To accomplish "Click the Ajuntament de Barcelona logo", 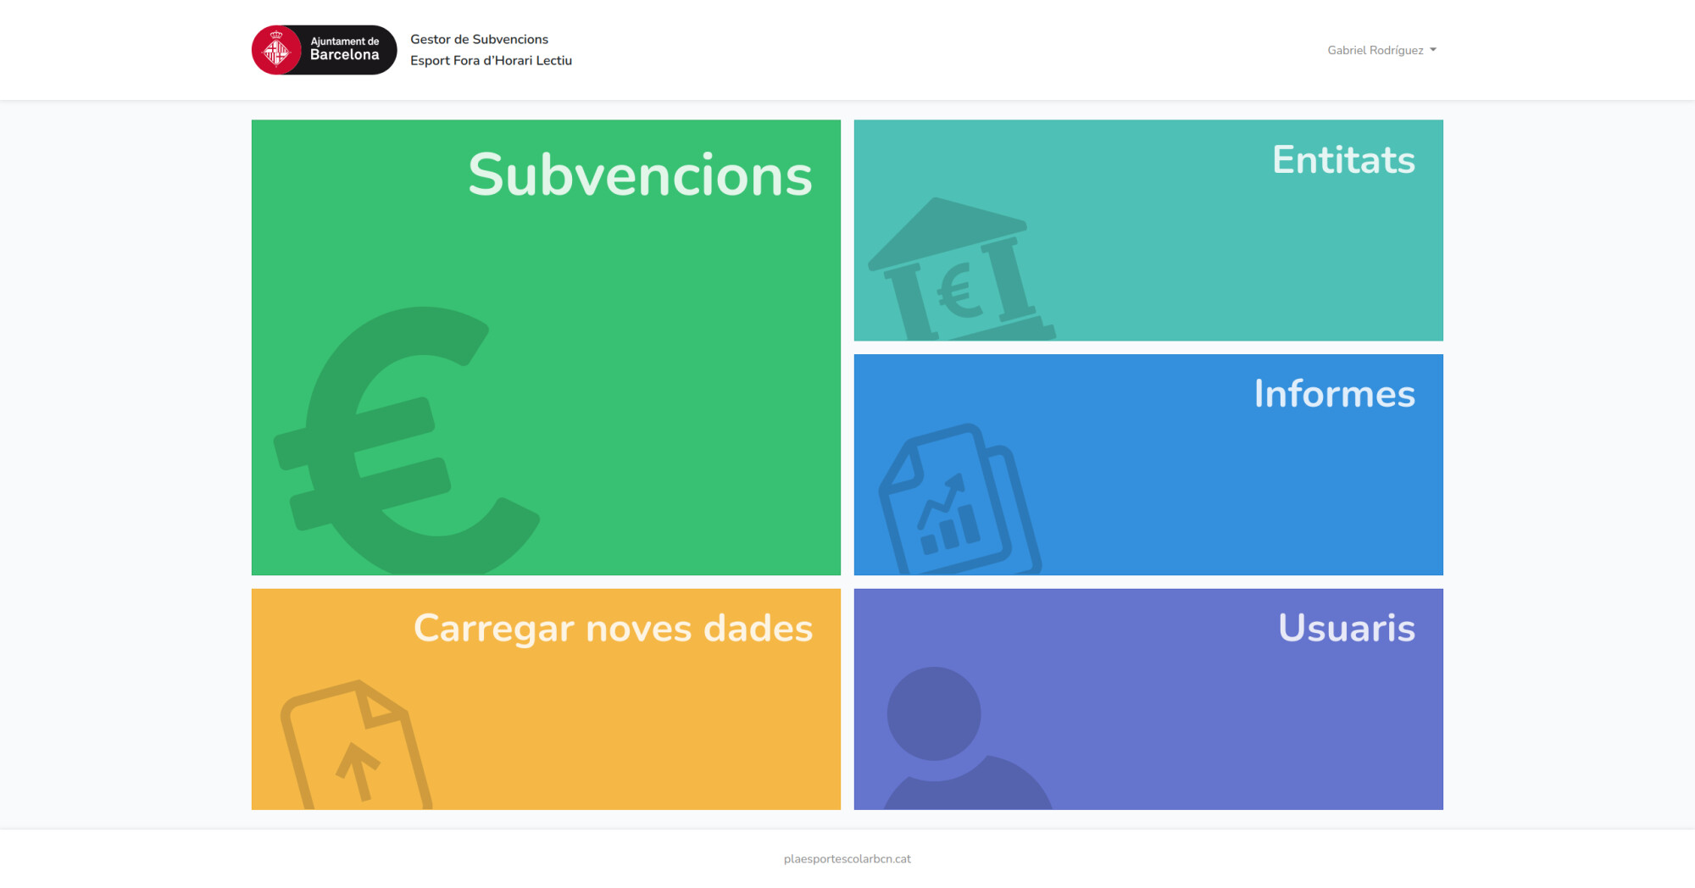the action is coord(324,50).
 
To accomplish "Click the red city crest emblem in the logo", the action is coord(276,50).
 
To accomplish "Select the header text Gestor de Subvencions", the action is coord(479,39).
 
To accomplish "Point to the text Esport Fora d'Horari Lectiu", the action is coord(491,60).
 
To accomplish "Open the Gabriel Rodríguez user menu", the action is coord(1381,50).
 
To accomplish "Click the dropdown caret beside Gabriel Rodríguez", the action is coord(1433,50).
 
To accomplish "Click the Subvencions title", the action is coord(640,175).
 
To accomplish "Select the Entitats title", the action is coord(1343,159).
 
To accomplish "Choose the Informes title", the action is coord(1335,393).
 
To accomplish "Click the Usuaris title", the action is coord(1347,628).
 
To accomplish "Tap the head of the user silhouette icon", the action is coord(934,713).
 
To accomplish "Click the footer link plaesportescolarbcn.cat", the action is coord(847,858).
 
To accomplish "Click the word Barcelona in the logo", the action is coord(344,55).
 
